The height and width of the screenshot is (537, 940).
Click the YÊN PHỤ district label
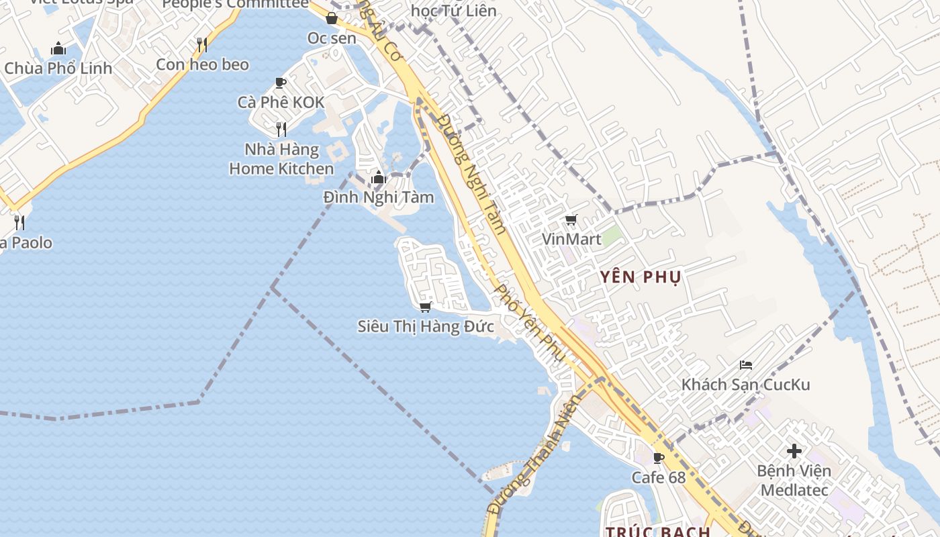click(641, 277)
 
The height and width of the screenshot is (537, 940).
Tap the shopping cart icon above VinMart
click(571, 219)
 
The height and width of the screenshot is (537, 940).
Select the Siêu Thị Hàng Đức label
click(426, 327)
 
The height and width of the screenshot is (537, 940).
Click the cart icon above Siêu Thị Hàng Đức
click(425, 307)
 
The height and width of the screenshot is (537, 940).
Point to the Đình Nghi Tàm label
click(379, 197)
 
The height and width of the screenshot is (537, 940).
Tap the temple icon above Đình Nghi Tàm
click(379, 178)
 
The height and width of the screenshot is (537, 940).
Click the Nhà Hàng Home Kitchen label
click(281, 158)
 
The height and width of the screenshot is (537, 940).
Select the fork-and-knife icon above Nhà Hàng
click(281, 129)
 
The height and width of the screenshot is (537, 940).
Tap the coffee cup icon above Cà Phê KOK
click(281, 83)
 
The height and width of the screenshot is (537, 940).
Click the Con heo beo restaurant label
click(202, 64)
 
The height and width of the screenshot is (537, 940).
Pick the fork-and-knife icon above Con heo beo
click(201, 45)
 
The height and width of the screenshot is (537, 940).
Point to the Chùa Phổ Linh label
click(58, 68)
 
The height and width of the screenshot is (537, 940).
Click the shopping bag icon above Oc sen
click(332, 19)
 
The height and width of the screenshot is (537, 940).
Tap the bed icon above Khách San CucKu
click(745, 365)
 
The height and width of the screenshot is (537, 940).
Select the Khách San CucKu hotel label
click(745, 385)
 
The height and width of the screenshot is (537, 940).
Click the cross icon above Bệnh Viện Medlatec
click(794, 451)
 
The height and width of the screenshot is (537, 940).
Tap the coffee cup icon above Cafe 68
click(659, 458)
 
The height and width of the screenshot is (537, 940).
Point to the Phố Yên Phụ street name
click(528, 322)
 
